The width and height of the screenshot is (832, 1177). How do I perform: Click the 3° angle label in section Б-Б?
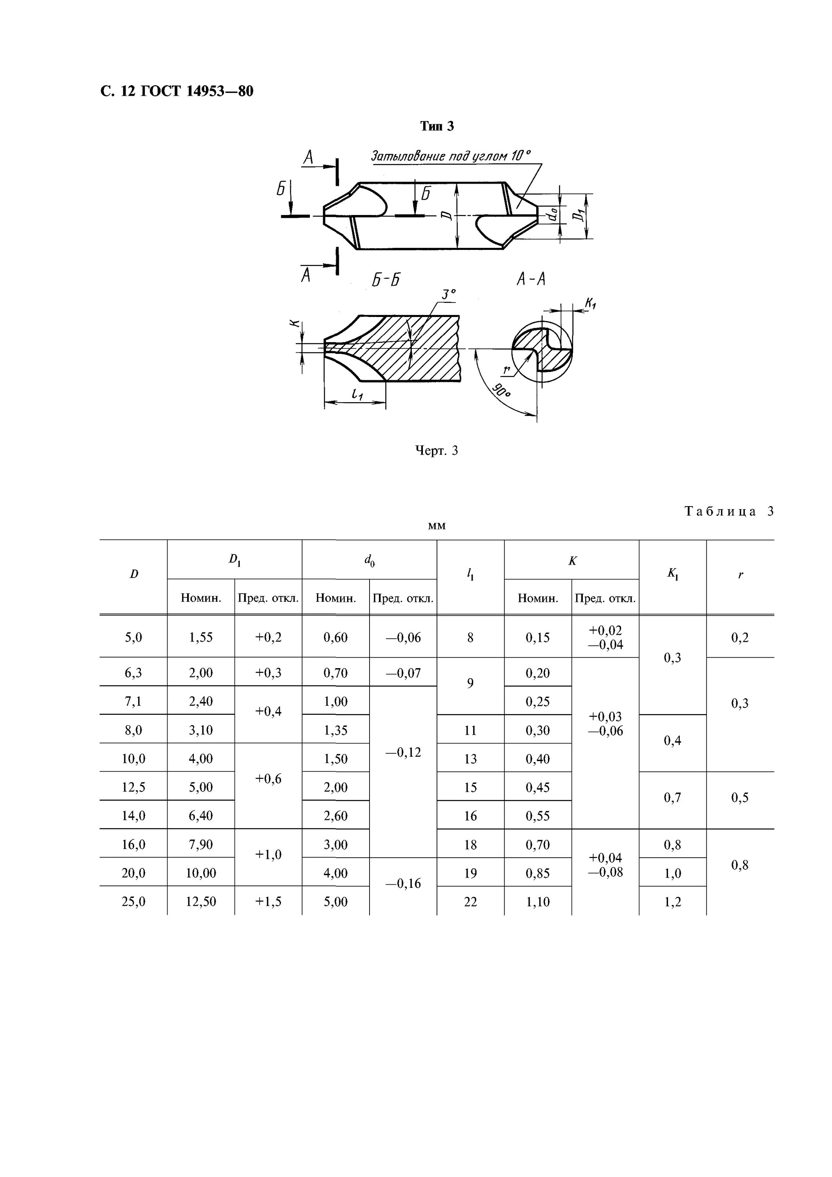[448, 294]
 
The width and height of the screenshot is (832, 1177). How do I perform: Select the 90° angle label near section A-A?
[501, 392]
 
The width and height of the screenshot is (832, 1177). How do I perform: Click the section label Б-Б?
[386, 280]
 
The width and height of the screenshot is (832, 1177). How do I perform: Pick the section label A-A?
[531, 279]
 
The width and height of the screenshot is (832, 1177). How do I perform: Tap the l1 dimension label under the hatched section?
[357, 394]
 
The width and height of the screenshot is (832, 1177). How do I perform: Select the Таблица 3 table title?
[728, 511]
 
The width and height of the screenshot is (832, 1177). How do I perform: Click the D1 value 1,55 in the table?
[200, 637]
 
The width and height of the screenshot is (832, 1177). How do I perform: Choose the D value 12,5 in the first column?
[133, 787]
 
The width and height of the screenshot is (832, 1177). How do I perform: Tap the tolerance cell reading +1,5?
[268, 901]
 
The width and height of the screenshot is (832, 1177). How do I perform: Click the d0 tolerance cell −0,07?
[403, 672]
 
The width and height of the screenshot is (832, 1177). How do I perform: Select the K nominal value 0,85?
[537, 873]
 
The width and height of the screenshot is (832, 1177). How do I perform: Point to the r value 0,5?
[740, 797]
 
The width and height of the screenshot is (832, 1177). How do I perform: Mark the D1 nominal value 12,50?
[200, 901]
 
